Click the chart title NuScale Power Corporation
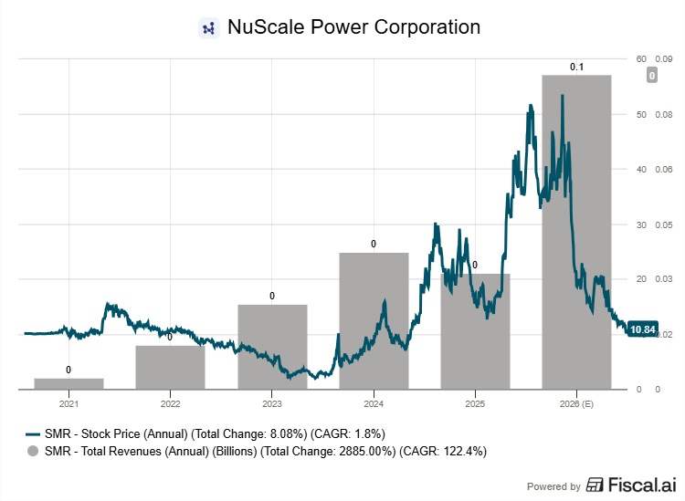[354, 27]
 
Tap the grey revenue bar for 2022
[171, 367]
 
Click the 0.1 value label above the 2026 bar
[576, 67]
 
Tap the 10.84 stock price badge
[643, 329]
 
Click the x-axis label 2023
[272, 402]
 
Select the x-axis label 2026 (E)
[576, 402]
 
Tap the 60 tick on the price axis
[641, 59]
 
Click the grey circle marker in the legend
[34, 451]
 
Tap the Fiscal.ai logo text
[630, 485]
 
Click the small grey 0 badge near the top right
[651, 76]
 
